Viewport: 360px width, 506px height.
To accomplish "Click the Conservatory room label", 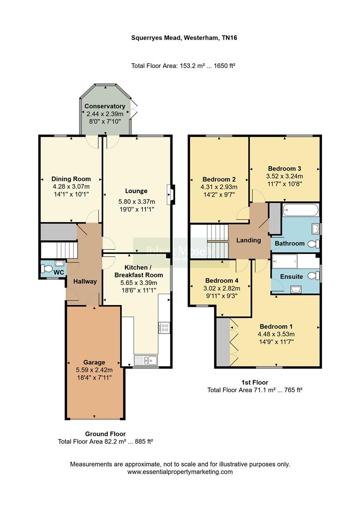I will (x=105, y=106).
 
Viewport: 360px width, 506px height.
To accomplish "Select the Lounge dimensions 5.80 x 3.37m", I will (x=136, y=202).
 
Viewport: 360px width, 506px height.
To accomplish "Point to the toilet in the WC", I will (x=47, y=269).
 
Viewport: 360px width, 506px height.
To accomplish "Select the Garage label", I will (x=94, y=362).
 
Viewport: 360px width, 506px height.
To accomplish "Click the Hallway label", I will (x=84, y=282).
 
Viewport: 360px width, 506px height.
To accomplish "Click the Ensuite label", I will (x=292, y=276).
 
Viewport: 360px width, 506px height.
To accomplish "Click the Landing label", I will (x=248, y=240).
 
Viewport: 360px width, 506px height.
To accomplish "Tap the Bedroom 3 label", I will (x=284, y=169).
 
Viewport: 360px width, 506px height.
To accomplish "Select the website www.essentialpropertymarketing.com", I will (x=180, y=472).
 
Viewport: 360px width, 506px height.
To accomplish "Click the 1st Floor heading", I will (x=255, y=382).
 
